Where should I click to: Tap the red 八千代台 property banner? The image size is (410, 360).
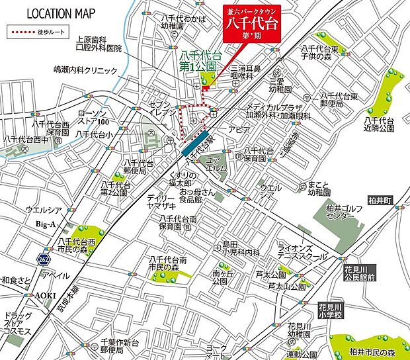(x=251, y=24)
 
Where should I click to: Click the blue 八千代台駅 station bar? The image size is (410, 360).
(x=193, y=141)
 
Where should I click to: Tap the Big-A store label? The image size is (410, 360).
(x=46, y=224)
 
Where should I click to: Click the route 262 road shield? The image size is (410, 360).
(x=44, y=257)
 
